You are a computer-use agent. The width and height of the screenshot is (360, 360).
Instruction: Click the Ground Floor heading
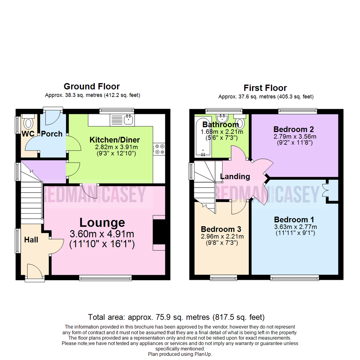coord(91,87)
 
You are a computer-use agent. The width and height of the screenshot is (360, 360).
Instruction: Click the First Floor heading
coord(265,88)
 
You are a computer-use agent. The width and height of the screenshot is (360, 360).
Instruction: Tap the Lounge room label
coord(102,222)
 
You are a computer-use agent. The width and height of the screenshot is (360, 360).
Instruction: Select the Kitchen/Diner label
coord(114,140)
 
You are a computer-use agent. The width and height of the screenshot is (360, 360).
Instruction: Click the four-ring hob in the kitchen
coord(159,149)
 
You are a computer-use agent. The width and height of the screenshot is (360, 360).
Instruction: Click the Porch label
coord(52,134)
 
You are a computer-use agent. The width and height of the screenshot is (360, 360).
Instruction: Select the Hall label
coord(31,240)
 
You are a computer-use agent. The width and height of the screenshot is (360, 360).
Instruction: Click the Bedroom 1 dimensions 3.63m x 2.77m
coord(294,227)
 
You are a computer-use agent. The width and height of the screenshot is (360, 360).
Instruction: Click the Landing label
coord(235,176)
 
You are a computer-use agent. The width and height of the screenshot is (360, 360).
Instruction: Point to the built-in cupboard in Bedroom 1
coord(332,191)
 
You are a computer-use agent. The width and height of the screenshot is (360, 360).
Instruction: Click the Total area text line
coord(176,317)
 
